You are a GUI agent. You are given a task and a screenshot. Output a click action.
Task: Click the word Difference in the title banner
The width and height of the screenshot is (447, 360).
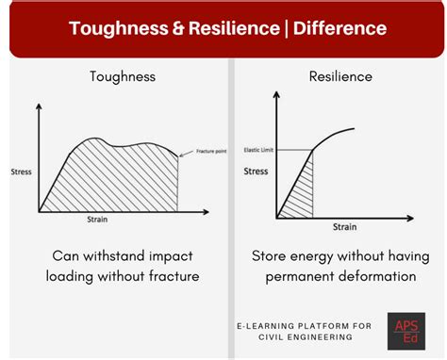(x=342, y=28)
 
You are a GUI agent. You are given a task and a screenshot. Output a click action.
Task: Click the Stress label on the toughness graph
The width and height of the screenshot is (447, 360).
(x=21, y=172)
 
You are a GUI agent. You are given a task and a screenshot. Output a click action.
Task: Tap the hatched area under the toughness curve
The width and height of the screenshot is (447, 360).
(x=113, y=174)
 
